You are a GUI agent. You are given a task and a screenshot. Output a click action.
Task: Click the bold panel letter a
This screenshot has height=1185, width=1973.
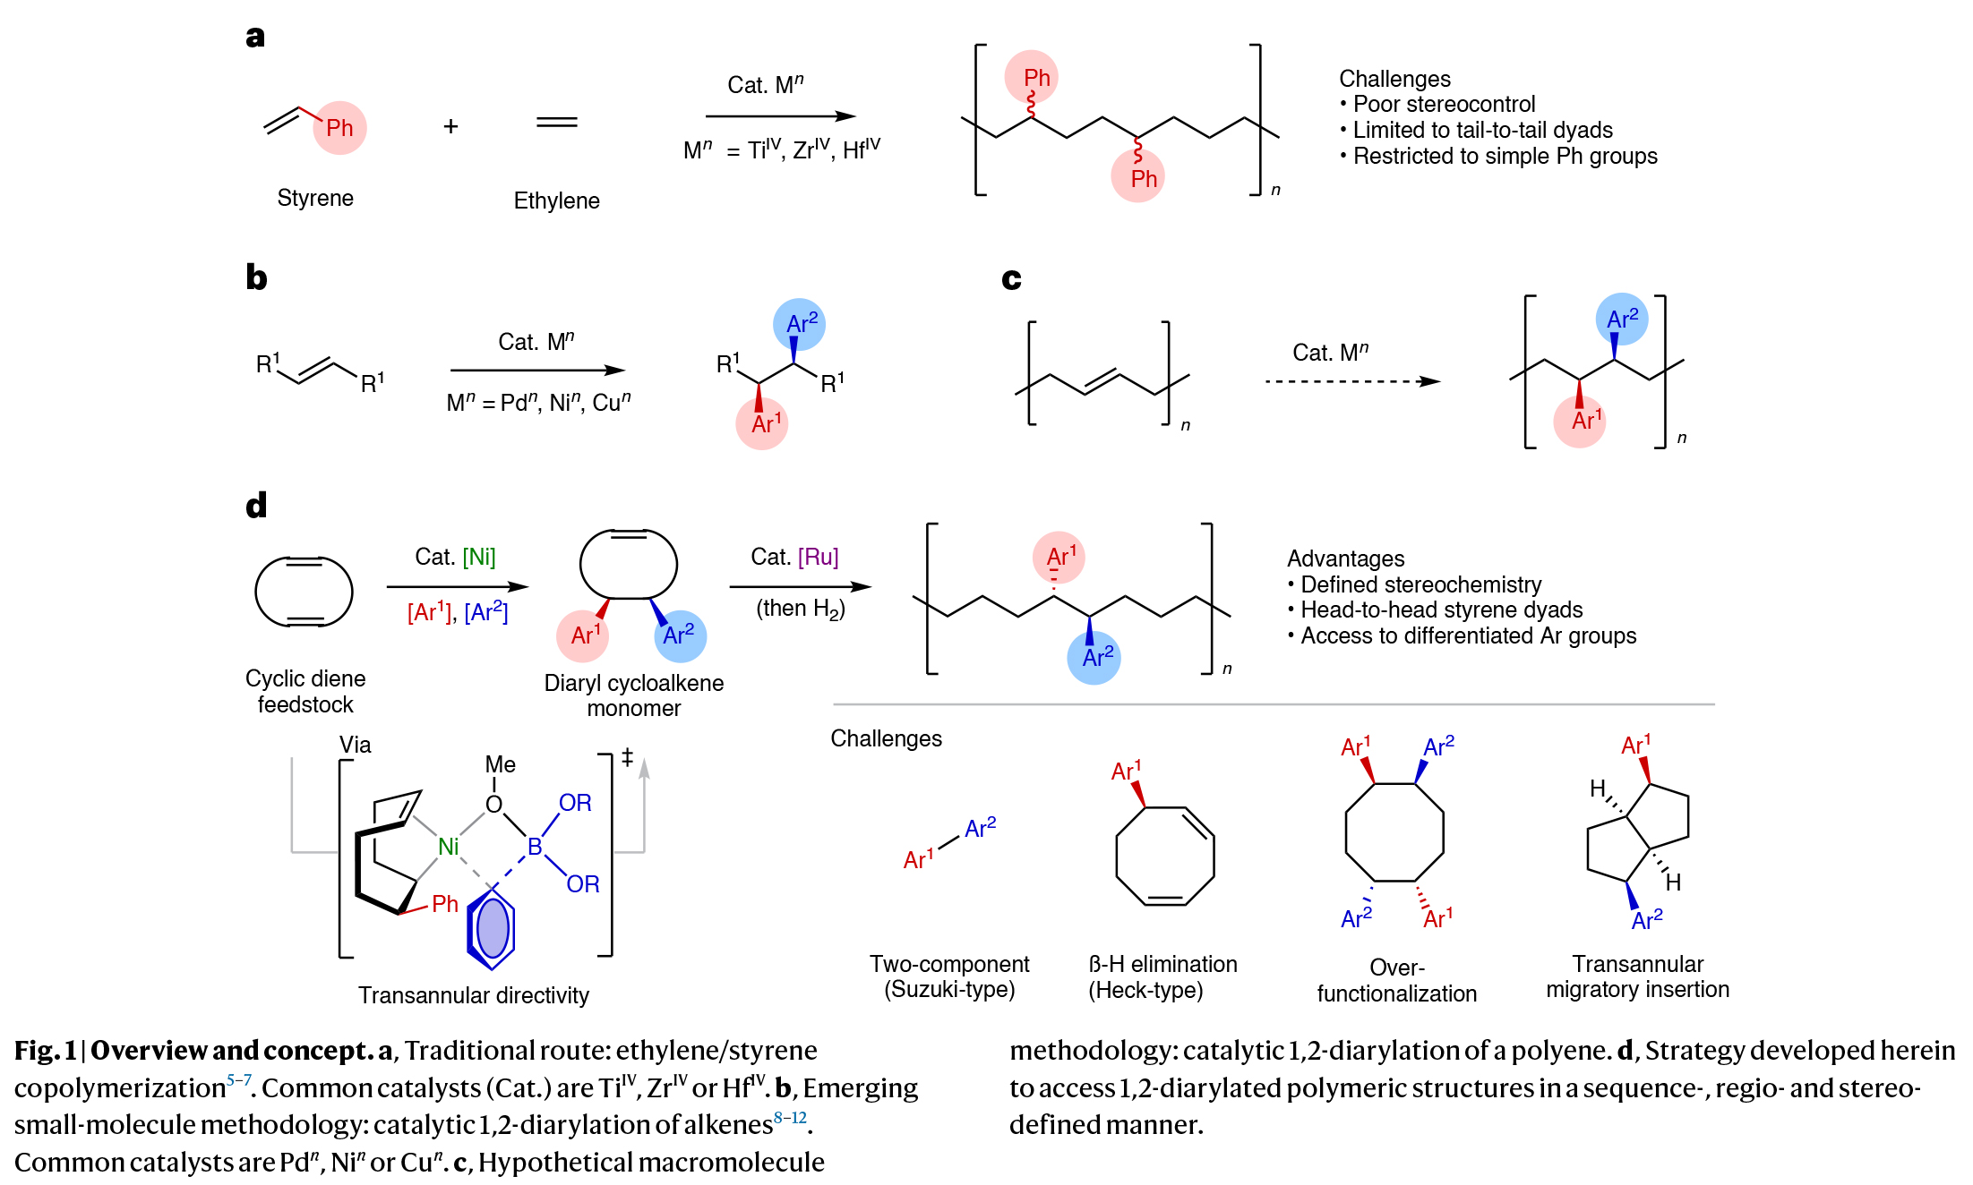point(255,37)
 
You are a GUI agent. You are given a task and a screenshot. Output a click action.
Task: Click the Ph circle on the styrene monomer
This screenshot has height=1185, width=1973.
point(339,128)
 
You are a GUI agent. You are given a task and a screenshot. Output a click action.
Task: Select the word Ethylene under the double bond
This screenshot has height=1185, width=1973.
point(556,200)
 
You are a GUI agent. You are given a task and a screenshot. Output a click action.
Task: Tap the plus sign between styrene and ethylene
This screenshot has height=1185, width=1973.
point(450,127)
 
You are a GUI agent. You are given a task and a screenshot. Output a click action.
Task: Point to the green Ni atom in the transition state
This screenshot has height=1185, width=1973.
point(448,847)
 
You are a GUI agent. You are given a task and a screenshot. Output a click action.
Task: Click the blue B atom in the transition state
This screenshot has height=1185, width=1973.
point(535,847)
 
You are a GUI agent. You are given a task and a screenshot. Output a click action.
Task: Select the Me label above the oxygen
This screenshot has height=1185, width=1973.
point(500,764)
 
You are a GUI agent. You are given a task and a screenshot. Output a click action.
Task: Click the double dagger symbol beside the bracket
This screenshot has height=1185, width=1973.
point(627,757)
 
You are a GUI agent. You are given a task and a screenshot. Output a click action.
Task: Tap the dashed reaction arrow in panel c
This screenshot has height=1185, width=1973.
point(1352,381)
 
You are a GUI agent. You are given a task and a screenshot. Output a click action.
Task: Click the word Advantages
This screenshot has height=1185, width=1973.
point(1345,558)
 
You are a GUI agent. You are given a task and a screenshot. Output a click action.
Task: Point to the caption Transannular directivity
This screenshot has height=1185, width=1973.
point(474,995)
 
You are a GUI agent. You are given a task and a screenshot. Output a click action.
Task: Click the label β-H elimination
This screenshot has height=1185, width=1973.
point(1162,964)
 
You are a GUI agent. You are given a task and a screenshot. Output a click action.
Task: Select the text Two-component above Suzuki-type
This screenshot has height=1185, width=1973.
point(949,964)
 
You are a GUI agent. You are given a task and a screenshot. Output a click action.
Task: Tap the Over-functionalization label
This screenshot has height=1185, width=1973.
point(1396,981)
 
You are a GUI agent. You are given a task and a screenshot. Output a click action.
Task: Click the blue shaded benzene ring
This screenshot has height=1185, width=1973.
point(493,928)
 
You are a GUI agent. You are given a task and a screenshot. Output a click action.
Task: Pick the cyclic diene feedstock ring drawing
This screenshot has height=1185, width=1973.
point(304,592)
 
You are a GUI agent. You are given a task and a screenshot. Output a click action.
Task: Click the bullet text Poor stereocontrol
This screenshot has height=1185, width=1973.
point(1444,105)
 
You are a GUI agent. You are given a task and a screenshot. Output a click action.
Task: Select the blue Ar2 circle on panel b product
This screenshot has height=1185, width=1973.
point(800,324)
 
